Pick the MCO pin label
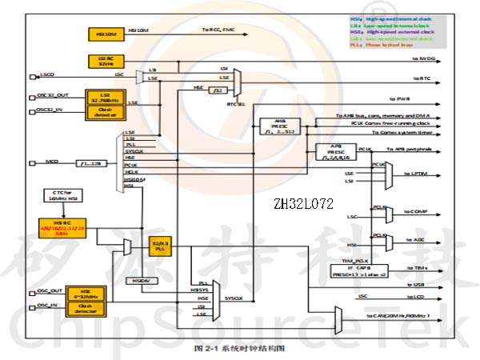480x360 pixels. (x=51, y=162)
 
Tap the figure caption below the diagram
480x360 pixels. (x=240, y=349)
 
